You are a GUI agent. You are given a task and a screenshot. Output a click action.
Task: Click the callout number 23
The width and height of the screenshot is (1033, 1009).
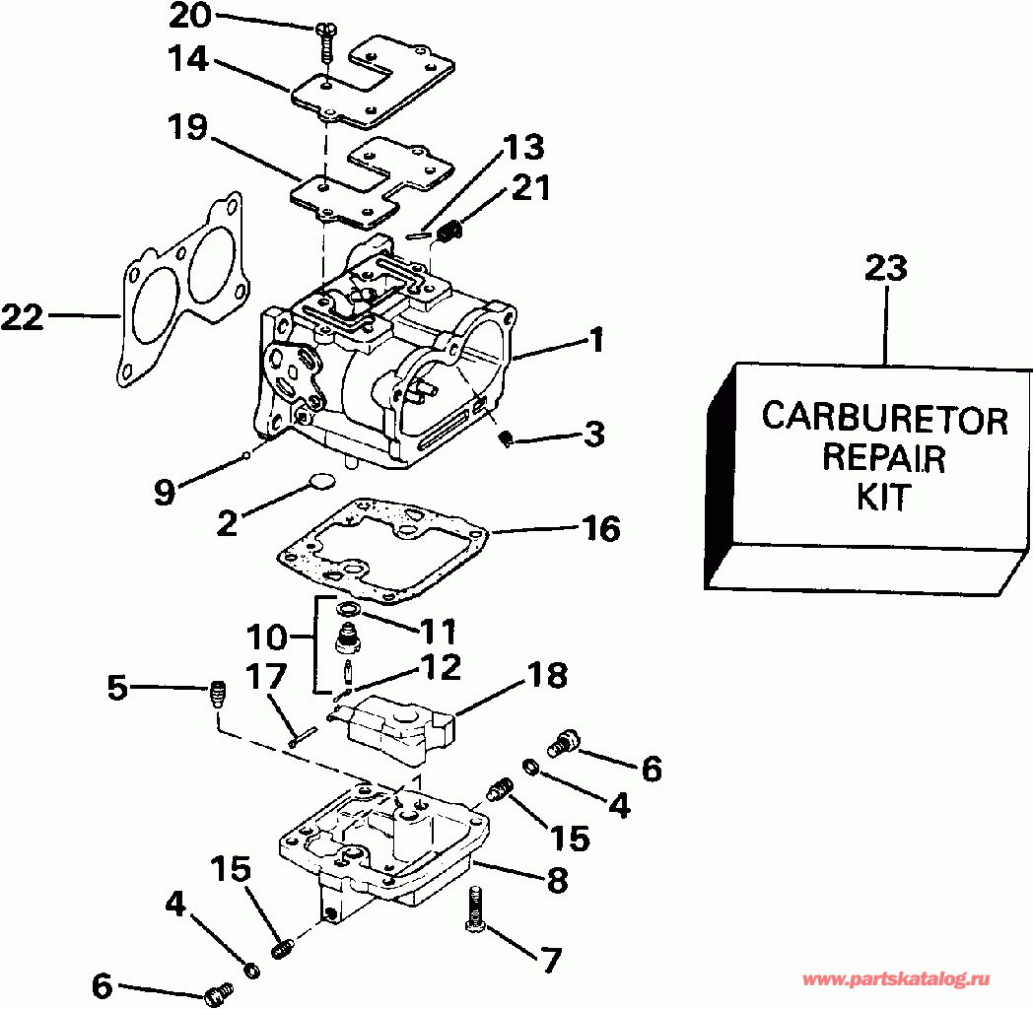[x=886, y=269]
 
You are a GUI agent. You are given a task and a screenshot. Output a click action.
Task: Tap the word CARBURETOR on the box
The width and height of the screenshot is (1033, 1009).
[x=884, y=419]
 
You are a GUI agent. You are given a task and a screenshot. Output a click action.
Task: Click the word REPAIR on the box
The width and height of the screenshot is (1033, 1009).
[x=883, y=457]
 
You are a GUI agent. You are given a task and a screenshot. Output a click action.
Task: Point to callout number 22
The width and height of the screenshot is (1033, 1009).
[x=23, y=316]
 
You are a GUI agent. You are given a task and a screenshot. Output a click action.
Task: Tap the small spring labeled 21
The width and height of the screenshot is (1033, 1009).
[x=450, y=233]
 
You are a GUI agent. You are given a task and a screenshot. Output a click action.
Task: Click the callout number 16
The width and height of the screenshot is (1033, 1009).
[x=600, y=530]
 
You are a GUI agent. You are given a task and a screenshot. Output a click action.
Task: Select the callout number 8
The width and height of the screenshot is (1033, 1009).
[x=557, y=880]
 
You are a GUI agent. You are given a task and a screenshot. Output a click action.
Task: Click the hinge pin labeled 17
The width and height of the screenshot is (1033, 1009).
[x=303, y=735]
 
